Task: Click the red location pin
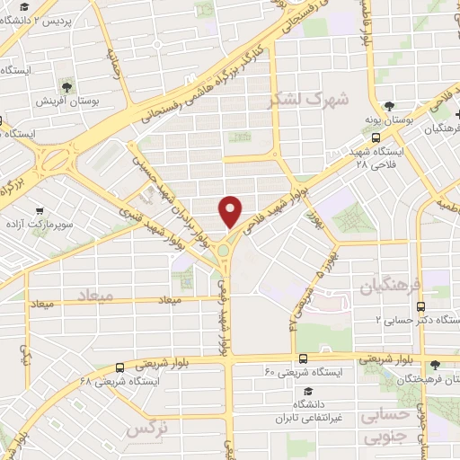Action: pos(231,209)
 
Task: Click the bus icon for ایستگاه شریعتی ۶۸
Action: pos(119,367)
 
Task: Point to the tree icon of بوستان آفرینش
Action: pos(66,87)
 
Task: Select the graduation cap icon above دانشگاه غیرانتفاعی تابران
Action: pos(308,392)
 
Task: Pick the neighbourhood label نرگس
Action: pos(147,429)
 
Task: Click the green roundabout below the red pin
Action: pos(223,251)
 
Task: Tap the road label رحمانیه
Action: pos(112,62)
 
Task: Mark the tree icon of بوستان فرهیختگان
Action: pos(436,365)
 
